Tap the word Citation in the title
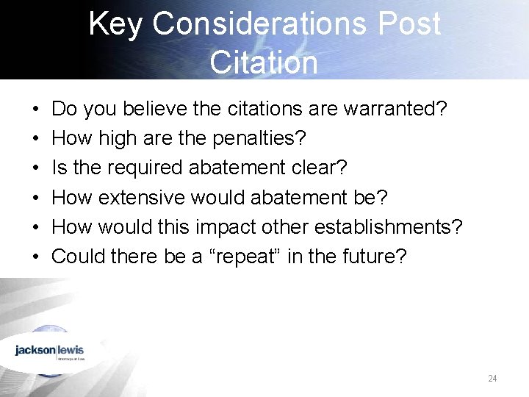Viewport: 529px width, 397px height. [264, 62]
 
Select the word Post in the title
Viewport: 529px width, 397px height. [409, 24]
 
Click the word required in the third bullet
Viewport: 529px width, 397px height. [145, 168]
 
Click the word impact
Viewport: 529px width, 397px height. [224, 226]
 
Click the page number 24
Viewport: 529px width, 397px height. [492, 379]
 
